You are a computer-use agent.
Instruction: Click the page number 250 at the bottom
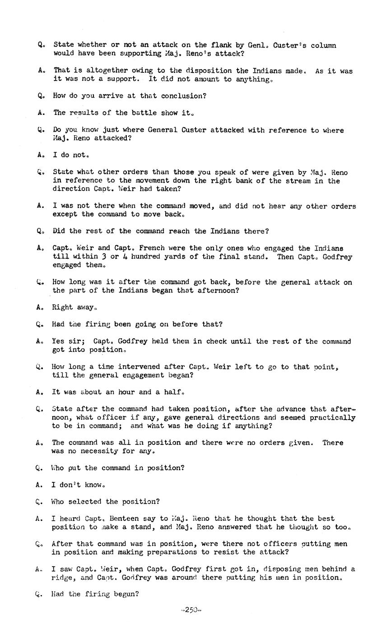191,610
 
